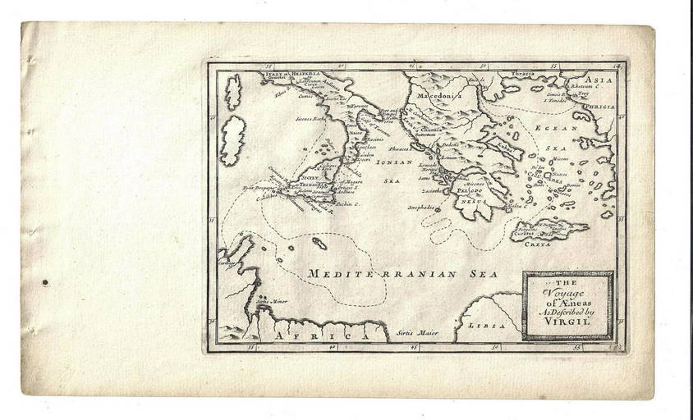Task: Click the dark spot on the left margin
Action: (x=44, y=283)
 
